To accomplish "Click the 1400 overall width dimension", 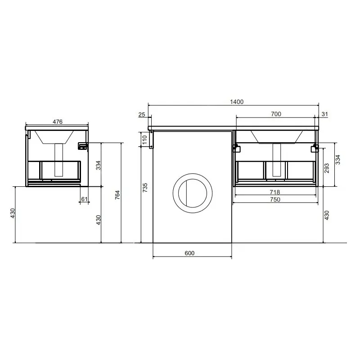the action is (x=237, y=102).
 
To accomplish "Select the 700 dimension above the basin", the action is (x=276, y=114).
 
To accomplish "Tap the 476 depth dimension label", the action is (x=58, y=121).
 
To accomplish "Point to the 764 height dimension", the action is (x=117, y=195).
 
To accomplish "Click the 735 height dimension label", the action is (x=145, y=188).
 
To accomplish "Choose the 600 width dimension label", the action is (x=189, y=253).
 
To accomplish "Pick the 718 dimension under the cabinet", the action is (x=275, y=192).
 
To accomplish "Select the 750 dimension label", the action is (x=275, y=199).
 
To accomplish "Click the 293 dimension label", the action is (x=327, y=168).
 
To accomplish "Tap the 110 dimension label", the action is (x=144, y=139).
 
